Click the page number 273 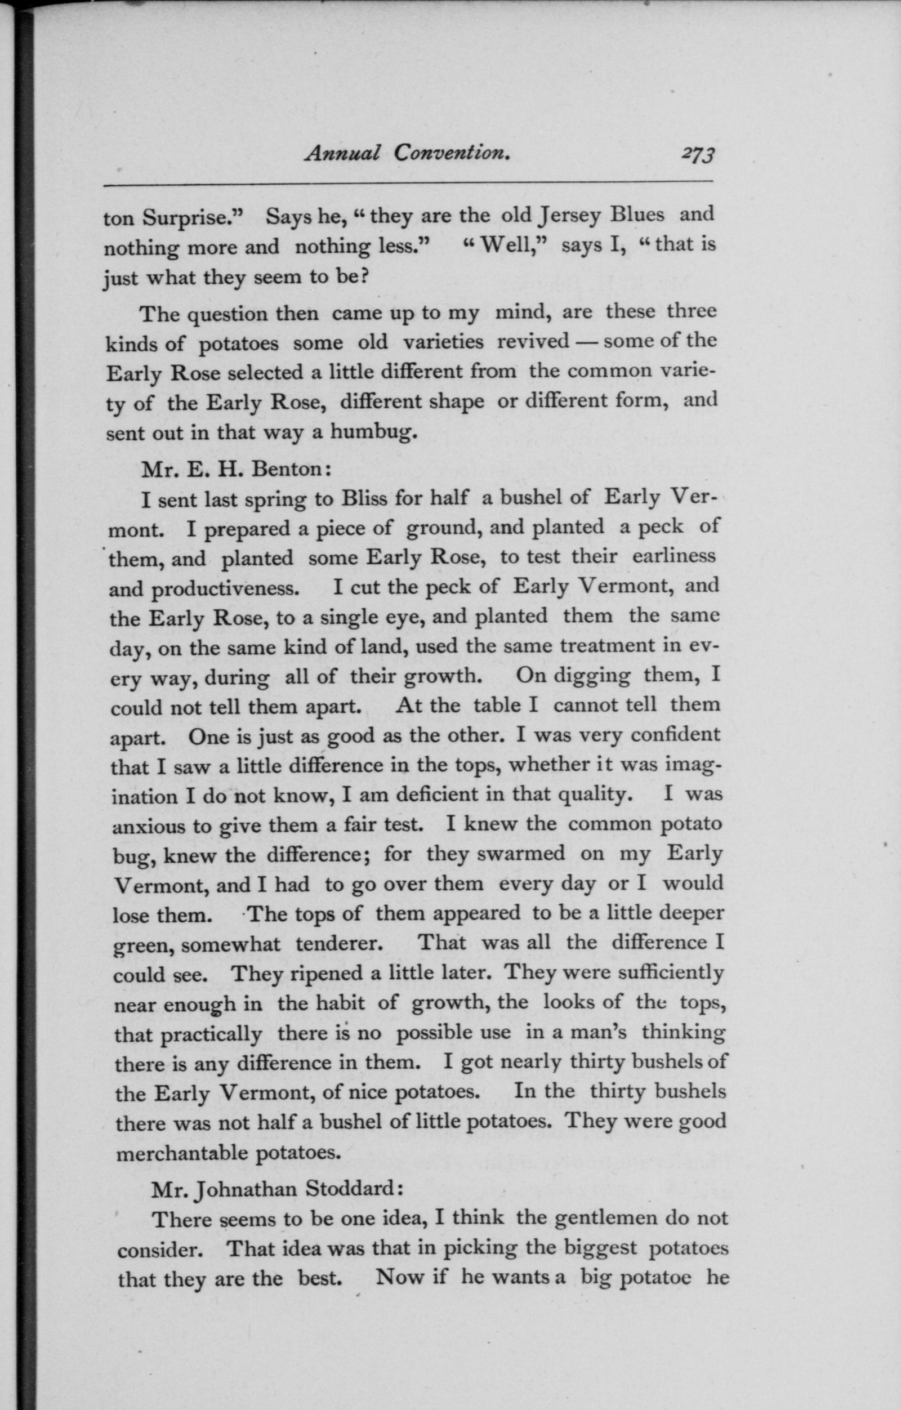(697, 155)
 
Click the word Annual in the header (343, 153)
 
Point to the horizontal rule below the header (408, 185)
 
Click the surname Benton (291, 469)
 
